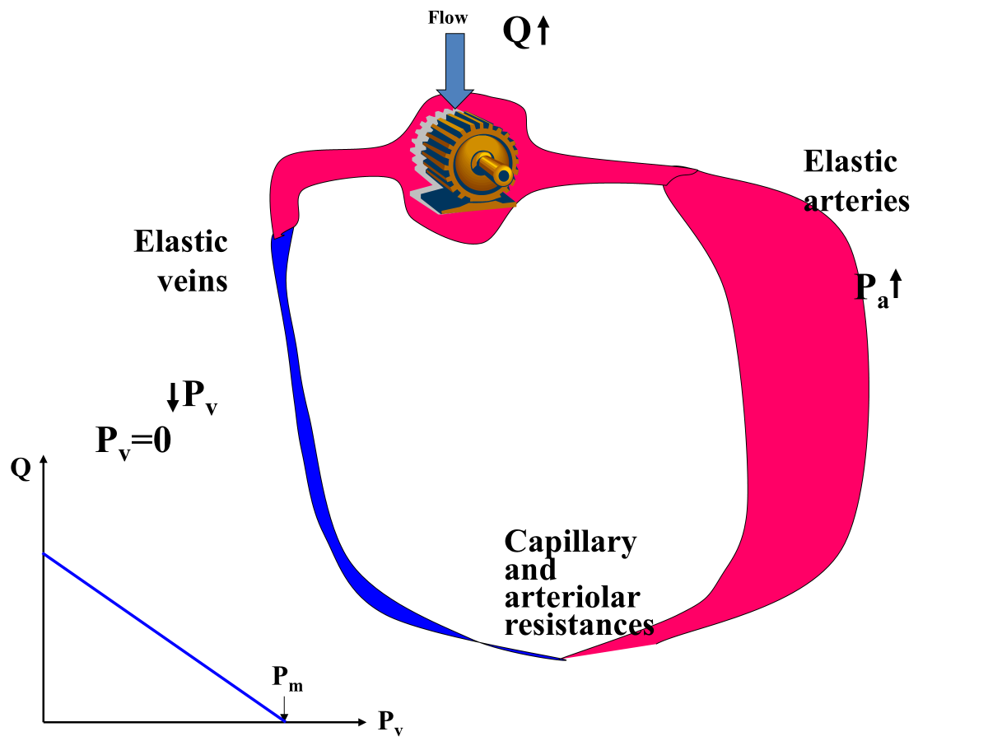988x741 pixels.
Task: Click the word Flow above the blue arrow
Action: click(448, 18)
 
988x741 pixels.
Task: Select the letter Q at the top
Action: click(516, 33)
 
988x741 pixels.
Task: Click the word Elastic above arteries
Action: click(850, 161)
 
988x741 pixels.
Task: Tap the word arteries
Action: click(856, 200)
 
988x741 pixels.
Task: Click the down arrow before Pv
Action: click(172, 398)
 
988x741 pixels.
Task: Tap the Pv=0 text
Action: click(133, 442)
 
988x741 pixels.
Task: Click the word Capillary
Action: click(570, 543)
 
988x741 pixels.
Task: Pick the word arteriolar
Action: click(572, 597)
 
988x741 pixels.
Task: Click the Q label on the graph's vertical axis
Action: click(21, 468)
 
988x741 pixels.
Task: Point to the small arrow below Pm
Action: click(283, 706)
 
